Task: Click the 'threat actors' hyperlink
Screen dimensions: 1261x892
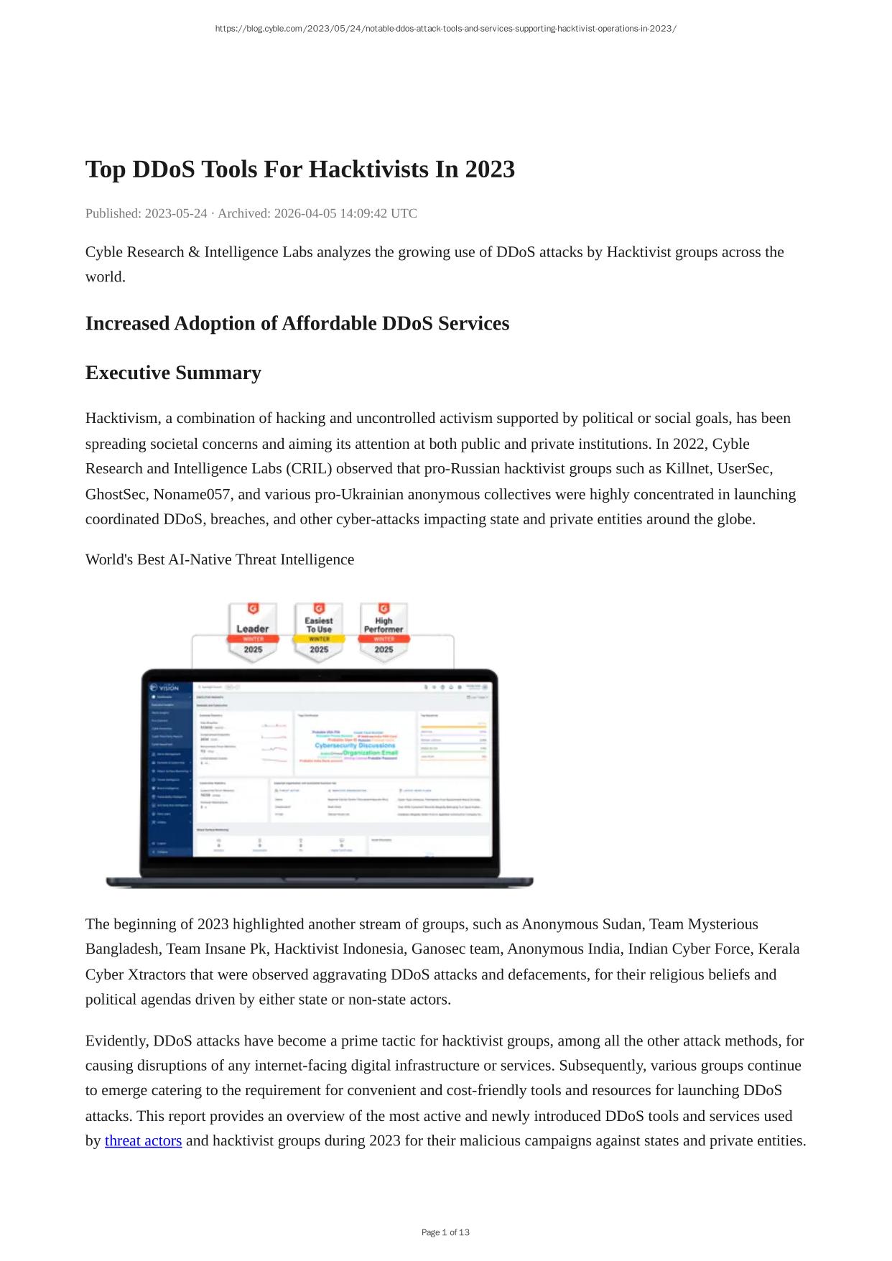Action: click(x=143, y=1140)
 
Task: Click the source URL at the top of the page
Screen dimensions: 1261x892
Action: click(x=445, y=29)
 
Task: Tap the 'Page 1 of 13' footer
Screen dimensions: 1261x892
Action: click(x=445, y=1232)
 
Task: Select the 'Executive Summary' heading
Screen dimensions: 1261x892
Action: click(x=173, y=373)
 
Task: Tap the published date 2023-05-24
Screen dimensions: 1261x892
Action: click(x=176, y=213)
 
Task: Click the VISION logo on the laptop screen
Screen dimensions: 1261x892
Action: click(x=164, y=687)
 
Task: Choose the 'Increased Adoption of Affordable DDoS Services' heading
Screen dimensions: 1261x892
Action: click(x=297, y=324)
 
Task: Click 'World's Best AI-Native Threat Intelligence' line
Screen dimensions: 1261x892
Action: click(x=220, y=559)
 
